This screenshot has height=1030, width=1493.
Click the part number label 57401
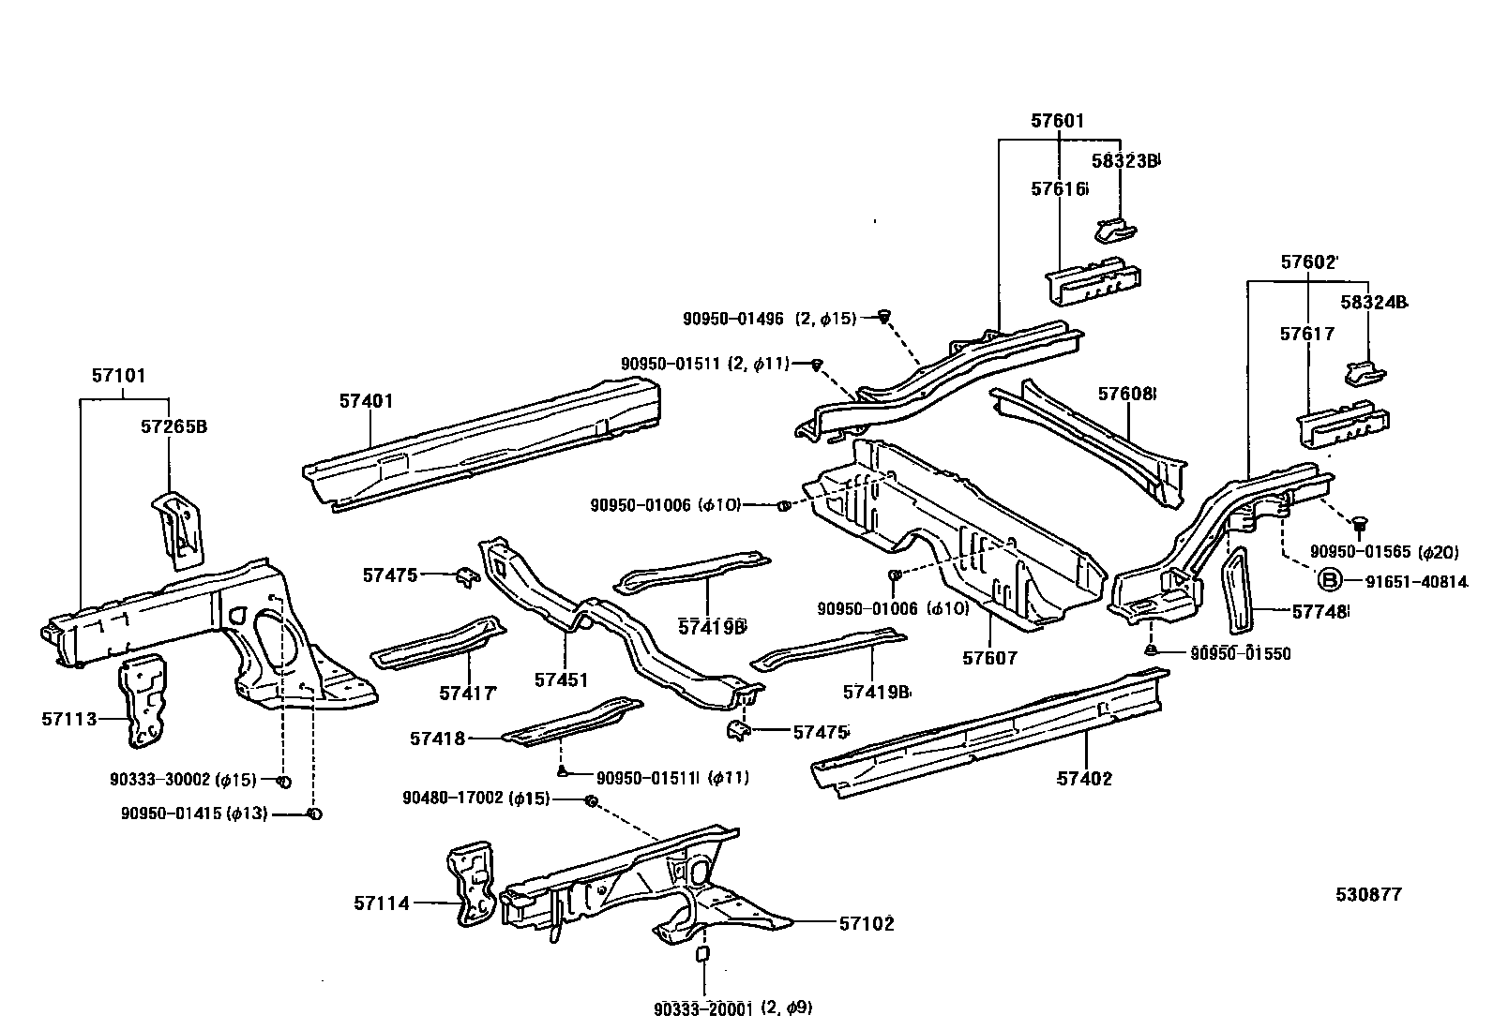[366, 401]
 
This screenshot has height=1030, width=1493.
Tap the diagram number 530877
[1368, 894]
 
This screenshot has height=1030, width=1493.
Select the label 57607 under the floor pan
[989, 659]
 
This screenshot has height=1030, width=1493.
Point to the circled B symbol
[1328, 581]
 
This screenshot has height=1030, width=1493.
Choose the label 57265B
[173, 426]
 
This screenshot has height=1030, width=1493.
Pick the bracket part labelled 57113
[145, 699]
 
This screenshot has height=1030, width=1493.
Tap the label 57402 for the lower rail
[1084, 778]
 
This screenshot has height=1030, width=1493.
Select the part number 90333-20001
[706, 1008]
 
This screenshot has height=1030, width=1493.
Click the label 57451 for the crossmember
[561, 679]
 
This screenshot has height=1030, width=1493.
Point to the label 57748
[1319, 612]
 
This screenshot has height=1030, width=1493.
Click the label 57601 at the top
[1057, 121]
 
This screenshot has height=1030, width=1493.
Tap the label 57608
[1126, 394]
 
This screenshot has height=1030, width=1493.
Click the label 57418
[437, 739]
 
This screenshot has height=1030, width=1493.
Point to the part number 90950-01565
[1360, 552]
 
